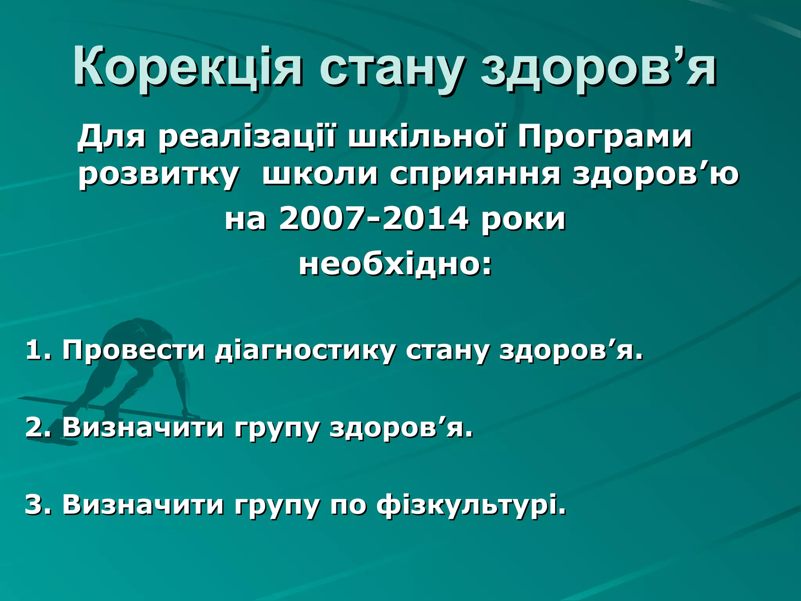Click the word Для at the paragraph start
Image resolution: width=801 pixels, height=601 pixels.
tap(111, 138)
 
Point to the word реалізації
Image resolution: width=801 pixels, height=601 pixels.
tap(246, 138)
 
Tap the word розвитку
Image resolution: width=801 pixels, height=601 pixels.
tap(158, 175)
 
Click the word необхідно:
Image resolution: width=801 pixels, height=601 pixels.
tap(395, 265)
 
